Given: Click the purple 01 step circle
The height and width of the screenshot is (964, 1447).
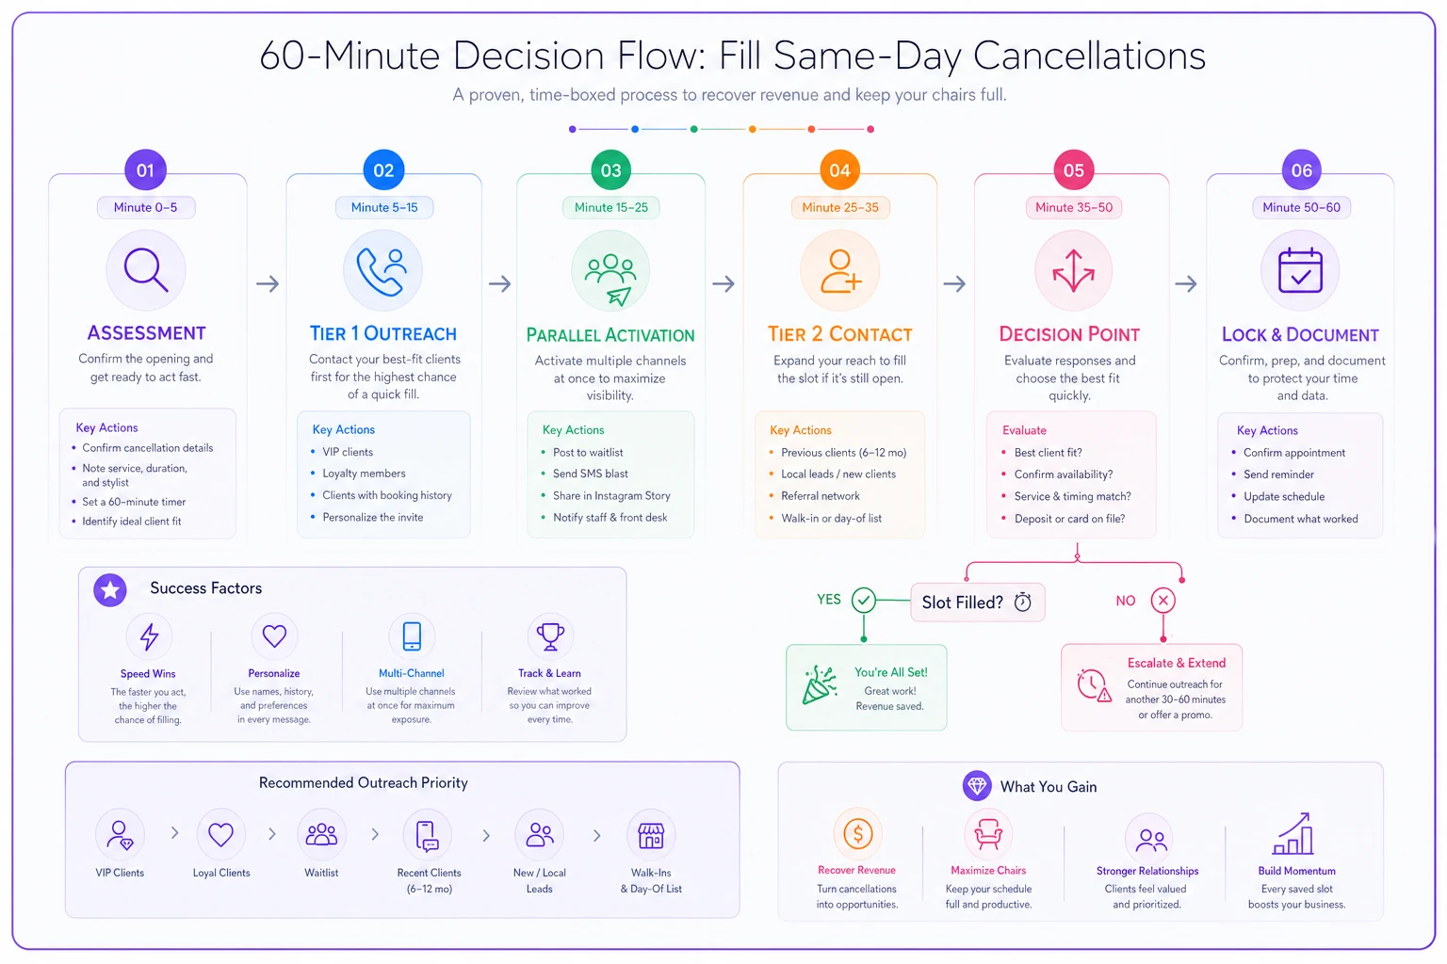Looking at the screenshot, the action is pyautogui.click(x=145, y=169).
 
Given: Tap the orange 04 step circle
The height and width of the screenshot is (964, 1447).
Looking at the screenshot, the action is pyautogui.click(x=839, y=169).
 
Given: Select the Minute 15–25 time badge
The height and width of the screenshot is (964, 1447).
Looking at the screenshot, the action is pyautogui.click(x=611, y=207).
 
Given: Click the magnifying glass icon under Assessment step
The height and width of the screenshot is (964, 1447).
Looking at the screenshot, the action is pyautogui.click(x=146, y=270).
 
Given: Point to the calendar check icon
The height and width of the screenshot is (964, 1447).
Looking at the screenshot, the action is pyautogui.click(x=1300, y=270).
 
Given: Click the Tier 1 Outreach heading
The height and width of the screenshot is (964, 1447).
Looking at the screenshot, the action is pyautogui.click(x=383, y=333).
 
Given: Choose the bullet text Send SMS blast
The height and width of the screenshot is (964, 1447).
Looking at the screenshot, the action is pyautogui.click(x=591, y=474).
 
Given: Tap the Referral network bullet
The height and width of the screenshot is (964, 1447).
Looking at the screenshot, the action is pyautogui.click(x=821, y=496).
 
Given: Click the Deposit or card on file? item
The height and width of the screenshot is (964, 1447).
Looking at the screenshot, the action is pyautogui.click(x=1070, y=519).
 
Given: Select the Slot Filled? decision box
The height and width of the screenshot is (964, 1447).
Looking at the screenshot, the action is pyautogui.click(x=977, y=602).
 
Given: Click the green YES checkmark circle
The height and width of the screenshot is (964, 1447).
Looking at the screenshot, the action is pyautogui.click(x=864, y=600).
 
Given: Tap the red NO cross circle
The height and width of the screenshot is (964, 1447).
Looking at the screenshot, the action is pyautogui.click(x=1162, y=601).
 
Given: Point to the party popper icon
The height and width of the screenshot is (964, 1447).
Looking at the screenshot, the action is pyautogui.click(x=819, y=684).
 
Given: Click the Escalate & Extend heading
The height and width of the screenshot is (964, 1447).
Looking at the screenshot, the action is pyautogui.click(x=1177, y=663).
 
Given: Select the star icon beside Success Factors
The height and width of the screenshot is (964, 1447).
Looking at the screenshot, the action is pyautogui.click(x=110, y=589).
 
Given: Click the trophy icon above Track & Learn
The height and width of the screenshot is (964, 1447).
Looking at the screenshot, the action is pyautogui.click(x=550, y=636).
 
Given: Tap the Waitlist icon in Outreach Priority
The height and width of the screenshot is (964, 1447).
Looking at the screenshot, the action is pyautogui.click(x=321, y=834).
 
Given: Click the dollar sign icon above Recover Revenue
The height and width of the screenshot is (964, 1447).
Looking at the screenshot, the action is pyautogui.click(x=857, y=833).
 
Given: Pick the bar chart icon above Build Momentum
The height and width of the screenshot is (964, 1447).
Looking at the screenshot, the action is pyautogui.click(x=1293, y=833).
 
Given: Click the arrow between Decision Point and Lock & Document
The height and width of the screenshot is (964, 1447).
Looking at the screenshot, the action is pyautogui.click(x=1185, y=283).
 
